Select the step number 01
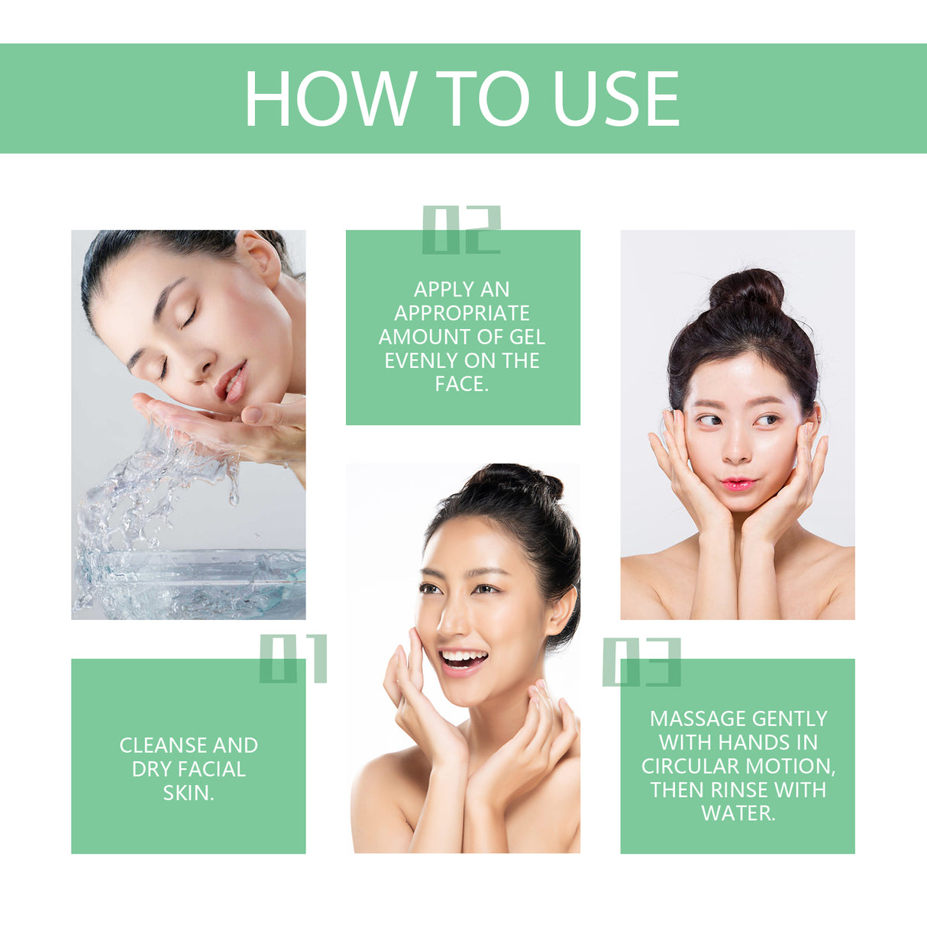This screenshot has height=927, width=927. (x=293, y=658)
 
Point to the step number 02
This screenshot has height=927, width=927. (x=461, y=229)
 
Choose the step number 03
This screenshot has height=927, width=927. (x=641, y=662)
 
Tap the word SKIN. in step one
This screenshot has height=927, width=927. (x=189, y=793)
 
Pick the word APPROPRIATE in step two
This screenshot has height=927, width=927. (x=462, y=313)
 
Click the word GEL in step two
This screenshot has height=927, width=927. (x=528, y=337)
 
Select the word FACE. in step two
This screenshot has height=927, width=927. (x=462, y=384)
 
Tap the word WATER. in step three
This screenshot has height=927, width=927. (x=738, y=813)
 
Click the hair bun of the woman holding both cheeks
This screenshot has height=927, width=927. (x=746, y=289)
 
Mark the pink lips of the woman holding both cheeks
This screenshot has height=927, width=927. (x=738, y=484)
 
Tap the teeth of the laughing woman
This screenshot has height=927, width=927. (x=463, y=657)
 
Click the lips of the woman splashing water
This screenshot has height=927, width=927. (x=231, y=381)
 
